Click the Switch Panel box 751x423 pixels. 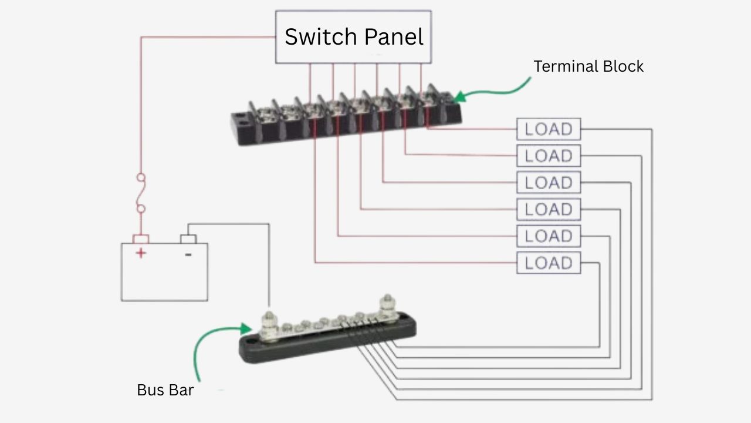pos(354,36)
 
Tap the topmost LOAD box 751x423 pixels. pos(549,129)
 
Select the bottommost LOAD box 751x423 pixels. pos(549,263)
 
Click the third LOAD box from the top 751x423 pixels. pos(549,183)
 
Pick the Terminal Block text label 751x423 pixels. pos(588,66)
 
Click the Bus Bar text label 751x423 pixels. pos(165,390)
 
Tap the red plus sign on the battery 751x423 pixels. pos(141,253)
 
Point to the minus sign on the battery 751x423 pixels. pos(188,254)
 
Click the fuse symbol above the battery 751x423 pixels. pos(141,193)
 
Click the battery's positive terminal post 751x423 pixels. pos(141,239)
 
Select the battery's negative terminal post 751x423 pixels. pos(188,239)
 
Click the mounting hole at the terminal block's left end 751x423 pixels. pos(241,122)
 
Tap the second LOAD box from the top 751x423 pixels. pos(549,156)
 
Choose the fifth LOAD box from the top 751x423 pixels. pos(549,236)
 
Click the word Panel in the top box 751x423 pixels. pos(394,36)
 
